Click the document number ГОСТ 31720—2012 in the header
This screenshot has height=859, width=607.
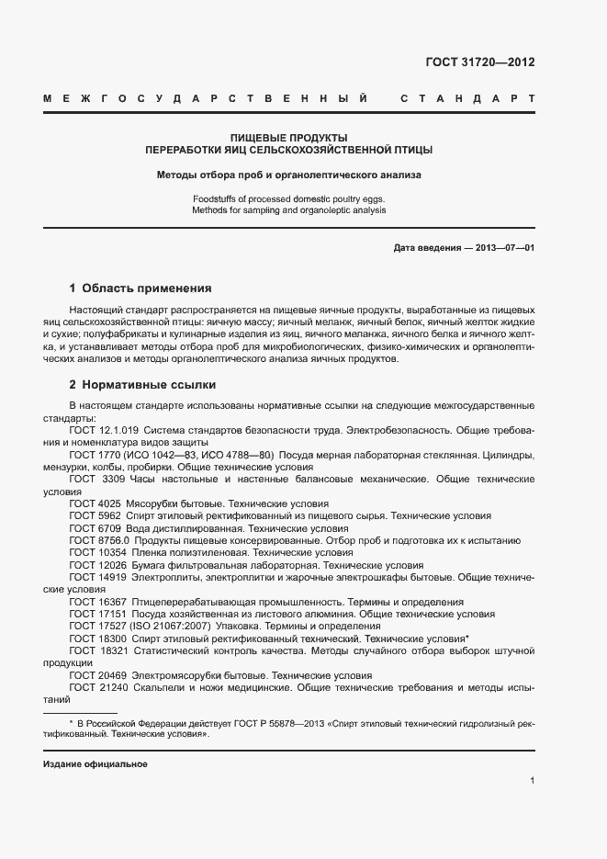480,62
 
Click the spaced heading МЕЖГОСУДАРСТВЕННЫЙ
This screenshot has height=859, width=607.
207,98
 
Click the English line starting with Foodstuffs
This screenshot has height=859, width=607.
289,198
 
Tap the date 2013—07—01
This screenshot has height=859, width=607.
501,248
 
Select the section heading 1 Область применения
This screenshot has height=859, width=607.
141,288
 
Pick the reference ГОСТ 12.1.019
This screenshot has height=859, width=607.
103,431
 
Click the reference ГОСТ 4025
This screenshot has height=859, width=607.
96,503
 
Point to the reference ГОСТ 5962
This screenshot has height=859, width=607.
96,515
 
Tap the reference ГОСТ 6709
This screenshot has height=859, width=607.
96,528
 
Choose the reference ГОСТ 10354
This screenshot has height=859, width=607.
98,553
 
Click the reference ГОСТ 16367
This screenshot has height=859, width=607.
98,601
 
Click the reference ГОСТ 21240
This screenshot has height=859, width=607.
98,686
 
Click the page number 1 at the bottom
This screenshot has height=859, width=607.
532,781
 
